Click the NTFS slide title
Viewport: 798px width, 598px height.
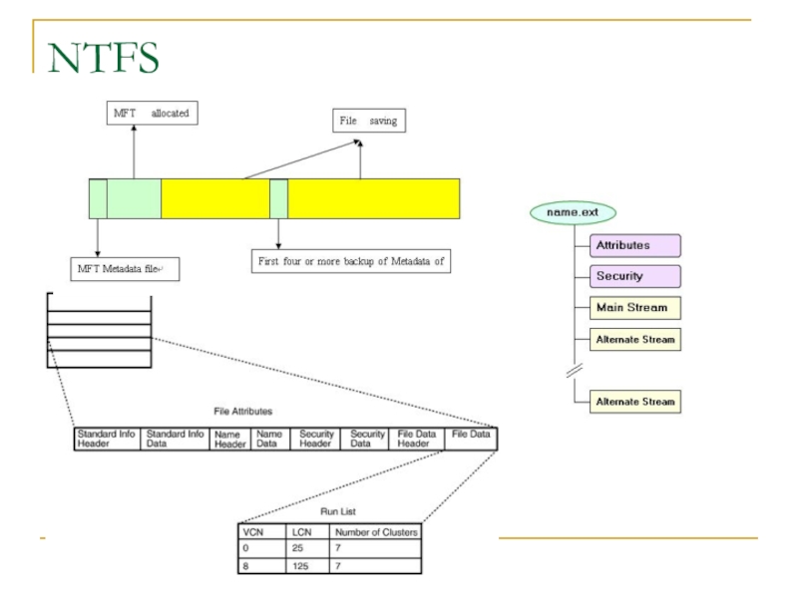tap(103, 57)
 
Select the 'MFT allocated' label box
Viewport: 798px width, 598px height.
tap(149, 114)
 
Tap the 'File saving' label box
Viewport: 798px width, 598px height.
tap(368, 121)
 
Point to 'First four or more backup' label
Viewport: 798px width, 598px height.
tap(350, 262)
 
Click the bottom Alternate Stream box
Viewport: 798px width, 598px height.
tap(635, 402)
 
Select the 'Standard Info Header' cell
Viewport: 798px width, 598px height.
tap(108, 439)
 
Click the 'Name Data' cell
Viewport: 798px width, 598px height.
tap(268, 439)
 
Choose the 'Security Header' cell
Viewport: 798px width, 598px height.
tap(316, 439)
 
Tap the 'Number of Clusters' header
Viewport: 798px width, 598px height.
tap(376, 532)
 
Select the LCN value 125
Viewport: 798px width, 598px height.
tap(303, 565)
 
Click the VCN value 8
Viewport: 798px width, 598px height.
tap(247, 565)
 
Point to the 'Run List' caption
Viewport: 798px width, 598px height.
tap(330, 511)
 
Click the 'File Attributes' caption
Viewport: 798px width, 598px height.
tap(242, 411)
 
